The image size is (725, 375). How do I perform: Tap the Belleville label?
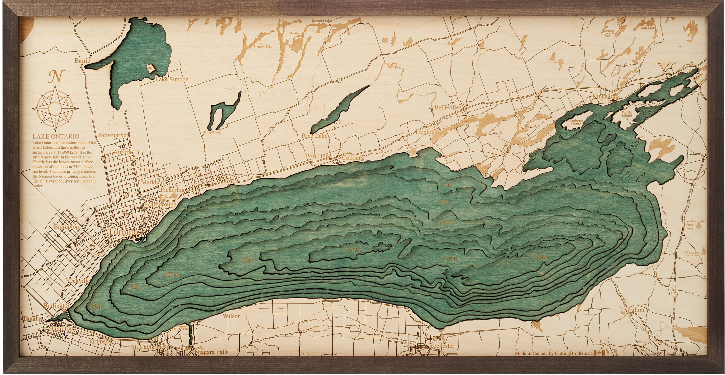pos(446,107)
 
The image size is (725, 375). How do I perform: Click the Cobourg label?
pos(353,158)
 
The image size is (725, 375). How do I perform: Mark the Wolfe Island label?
pos(627,114)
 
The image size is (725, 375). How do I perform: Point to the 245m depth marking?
pos(540,257)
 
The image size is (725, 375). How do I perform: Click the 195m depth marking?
pos(353,249)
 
